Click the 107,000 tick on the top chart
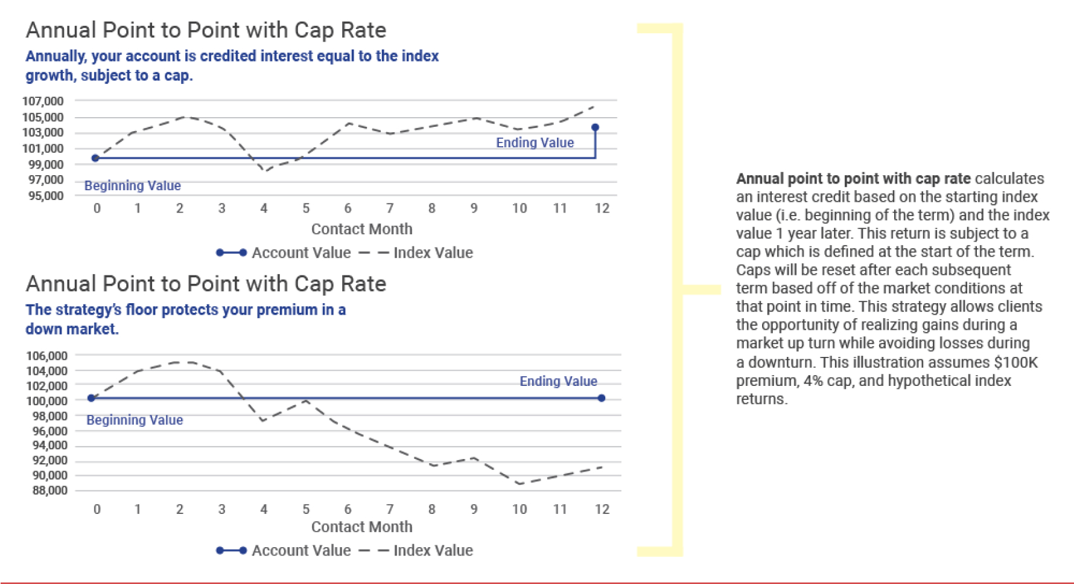click(x=43, y=101)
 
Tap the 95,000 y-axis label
click(x=46, y=196)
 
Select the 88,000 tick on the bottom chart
click(x=49, y=490)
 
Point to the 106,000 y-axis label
click(x=46, y=356)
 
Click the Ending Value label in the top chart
click(x=535, y=143)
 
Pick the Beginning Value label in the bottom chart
click(x=135, y=420)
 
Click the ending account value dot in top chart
click(x=595, y=127)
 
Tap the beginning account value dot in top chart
click(x=95, y=158)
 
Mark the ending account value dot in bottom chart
click(x=602, y=398)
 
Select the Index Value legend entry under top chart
click(x=416, y=252)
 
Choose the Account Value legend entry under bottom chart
click(x=284, y=550)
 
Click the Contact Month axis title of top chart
click(x=362, y=229)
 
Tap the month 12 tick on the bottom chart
click(x=602, y=509)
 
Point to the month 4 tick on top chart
click(x=264, y=208)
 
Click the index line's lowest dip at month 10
click(x=520, y=484)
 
